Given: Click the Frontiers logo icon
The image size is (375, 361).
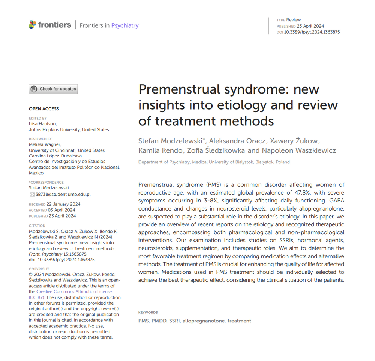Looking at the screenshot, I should (33, 25).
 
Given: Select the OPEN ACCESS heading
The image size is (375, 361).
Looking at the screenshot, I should (44, 109).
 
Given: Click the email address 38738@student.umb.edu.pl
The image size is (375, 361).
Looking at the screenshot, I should (63, 195).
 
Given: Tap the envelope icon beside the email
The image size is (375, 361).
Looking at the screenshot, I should (32, 195).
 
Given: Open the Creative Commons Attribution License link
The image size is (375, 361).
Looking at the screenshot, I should (74, 292).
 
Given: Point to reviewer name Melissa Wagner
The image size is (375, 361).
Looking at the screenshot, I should (44, 144).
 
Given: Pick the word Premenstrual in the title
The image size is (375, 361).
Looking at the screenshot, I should (179, 89).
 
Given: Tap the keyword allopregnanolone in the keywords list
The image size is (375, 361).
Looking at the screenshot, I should (204, 321).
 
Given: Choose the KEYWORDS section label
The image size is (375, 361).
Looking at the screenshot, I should (148, 313).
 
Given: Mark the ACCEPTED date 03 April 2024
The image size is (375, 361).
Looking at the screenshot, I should (61, 210).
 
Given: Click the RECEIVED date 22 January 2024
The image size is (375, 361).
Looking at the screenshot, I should (63, 204).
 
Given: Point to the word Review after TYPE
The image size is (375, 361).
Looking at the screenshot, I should (294, 20).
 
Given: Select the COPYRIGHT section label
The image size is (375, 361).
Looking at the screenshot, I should (39, 269).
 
